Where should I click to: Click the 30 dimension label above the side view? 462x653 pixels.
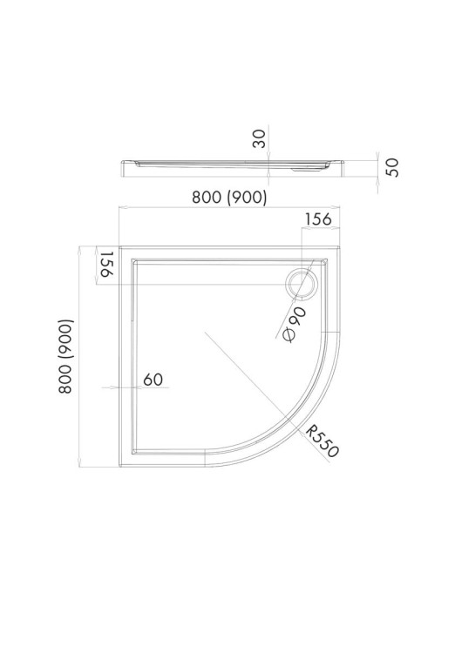[x=259, y=138]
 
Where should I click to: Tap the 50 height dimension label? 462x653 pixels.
[x=392, y=167]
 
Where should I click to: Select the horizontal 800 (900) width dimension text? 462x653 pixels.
[x=229, y=197]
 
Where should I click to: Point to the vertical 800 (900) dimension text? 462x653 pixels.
[x=65, y=356]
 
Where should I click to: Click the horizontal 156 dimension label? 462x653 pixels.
[x=318, y=219]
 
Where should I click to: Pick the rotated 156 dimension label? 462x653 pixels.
[x=105, y=264]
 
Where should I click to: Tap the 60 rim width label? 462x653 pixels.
[x=153, y=380]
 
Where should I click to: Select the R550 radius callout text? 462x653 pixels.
[x=323, y=441]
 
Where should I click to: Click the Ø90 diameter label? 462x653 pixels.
[x=295, y=324]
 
